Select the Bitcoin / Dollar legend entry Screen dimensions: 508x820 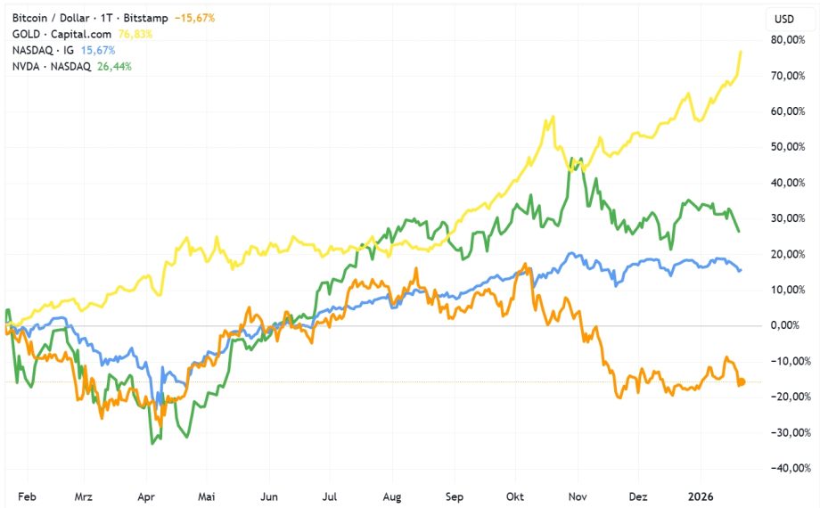(x=81, y=18)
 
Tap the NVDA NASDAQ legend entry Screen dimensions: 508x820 (x=53, y=66)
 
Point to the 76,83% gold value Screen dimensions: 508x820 (x=132, y=34)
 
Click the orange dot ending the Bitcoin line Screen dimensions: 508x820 (x=741, y=382)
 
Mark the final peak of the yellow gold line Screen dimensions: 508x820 (x=742, y=52)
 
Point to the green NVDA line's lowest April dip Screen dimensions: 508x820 (x=153, y=443)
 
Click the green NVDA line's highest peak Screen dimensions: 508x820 (x=577, y=160)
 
